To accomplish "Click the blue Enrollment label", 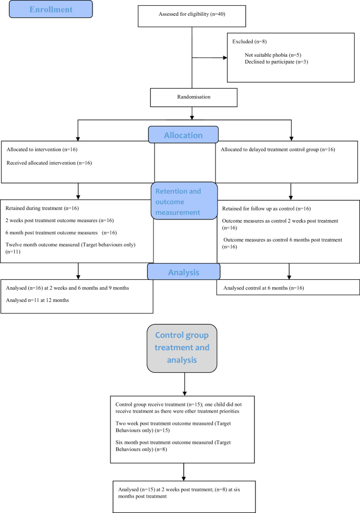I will coord(50,9).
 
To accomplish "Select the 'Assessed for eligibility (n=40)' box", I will coord(192,16).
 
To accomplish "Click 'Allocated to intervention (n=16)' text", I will coord(42,150).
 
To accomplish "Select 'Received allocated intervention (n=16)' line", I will coord(49,163).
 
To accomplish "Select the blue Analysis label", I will coord(184,273).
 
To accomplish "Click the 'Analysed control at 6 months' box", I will coord(288,288).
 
